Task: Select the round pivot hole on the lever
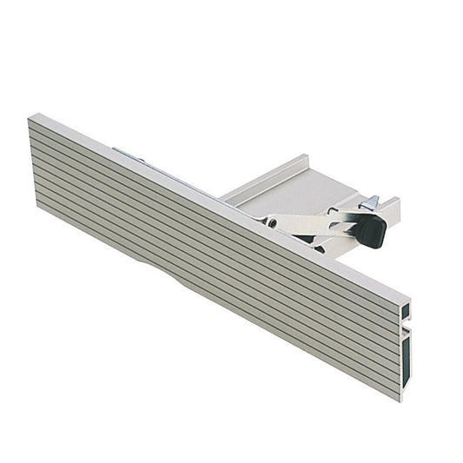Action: [x=273, y=222]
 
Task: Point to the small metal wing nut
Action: [x=370, y=202]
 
